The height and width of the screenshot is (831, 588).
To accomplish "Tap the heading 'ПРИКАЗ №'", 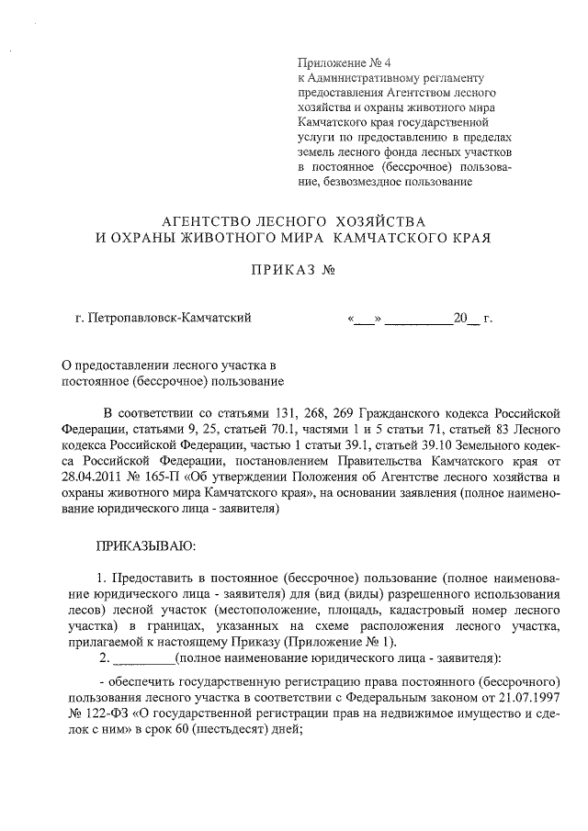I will point(292,272).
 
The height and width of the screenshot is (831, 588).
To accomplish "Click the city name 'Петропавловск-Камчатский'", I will point(171,320).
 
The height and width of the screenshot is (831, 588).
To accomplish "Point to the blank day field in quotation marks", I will point(364,320).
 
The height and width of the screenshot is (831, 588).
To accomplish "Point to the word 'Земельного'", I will point(478,445).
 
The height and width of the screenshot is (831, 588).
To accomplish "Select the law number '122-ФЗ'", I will point(103,713).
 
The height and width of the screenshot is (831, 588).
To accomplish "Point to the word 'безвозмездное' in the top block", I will point(361,181).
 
